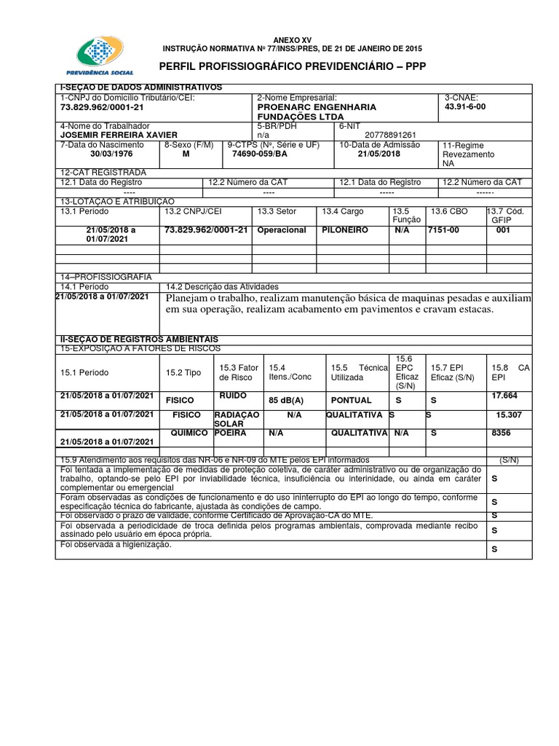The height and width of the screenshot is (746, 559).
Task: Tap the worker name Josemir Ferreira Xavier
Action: (118, 135)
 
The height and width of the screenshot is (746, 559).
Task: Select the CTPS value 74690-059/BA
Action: (259, 154)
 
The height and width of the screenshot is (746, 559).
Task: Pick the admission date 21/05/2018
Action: (379, 154)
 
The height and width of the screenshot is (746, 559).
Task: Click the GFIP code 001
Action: (503, 229)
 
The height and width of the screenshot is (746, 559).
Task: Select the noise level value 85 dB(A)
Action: (286, 400)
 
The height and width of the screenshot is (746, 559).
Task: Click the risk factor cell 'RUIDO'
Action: (233, 396)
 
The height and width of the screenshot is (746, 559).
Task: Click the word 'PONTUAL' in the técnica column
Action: (352, 400)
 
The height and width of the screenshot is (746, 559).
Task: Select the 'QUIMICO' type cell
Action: (185, 432)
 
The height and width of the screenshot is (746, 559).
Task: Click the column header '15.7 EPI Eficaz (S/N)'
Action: (455, 371)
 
